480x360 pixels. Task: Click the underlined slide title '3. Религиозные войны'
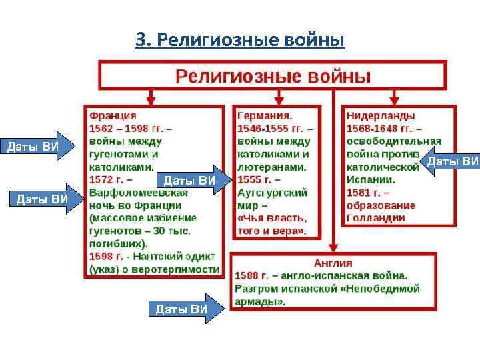coord(240,41)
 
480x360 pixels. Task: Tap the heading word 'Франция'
coord(113,116)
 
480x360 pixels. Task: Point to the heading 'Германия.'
coord(265,116)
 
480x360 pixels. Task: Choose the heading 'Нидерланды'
coord(381,116)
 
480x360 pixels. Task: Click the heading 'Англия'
coord(335,263)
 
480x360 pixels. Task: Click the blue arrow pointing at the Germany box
coord(193,180)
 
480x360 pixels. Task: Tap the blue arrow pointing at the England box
coord(185,308)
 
